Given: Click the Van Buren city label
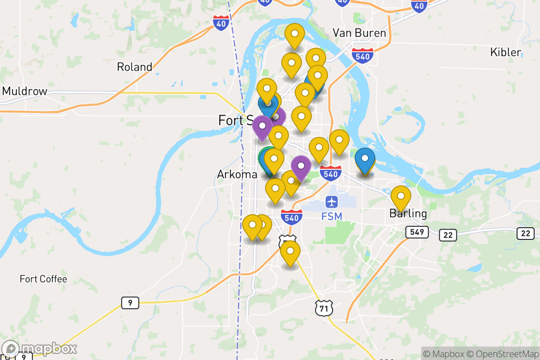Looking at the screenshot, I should pos(359,33).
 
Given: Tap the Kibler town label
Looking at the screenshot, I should pos(505,52).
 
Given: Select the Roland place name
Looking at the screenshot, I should pos(135,67).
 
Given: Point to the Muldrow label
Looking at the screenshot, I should pos(25,91).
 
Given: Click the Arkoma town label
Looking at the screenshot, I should pos(237,174).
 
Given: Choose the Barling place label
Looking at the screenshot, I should pos(408,213).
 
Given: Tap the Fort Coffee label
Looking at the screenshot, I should pos(43,279).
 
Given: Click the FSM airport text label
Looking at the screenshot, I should pos(332,216).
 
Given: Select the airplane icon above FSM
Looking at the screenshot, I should pos(333,202).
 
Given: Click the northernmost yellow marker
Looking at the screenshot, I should pos(295,34).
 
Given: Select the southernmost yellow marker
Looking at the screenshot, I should pos(290,251).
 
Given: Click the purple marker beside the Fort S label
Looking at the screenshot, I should pos(262,126).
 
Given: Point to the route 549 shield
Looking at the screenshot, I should pos(416,232).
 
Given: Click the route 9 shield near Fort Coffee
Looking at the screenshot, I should pos(130,303).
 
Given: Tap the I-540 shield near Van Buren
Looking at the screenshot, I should pos(363,56).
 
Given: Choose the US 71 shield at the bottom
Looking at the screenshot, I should pos(324,308).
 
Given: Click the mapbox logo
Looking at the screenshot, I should pos(40,349).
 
